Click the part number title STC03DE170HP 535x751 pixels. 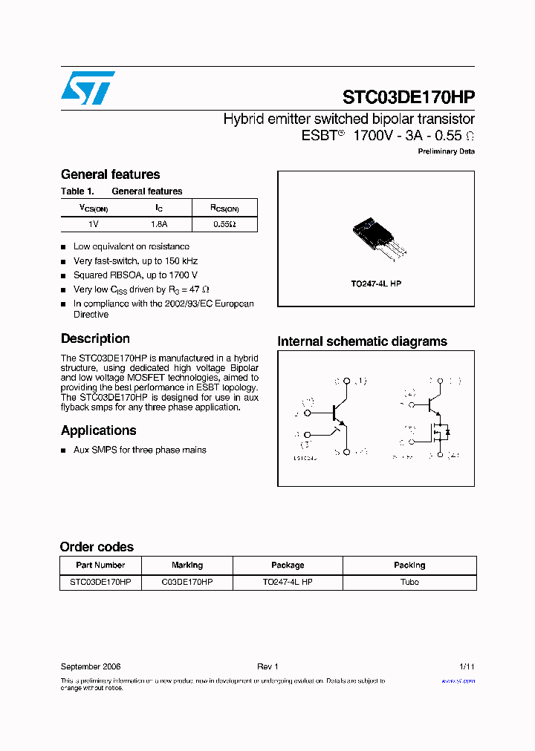click(x=408, y=97)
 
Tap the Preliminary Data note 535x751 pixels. click(x=446, y=151)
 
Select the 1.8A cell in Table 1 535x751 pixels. click(x=159, y=223)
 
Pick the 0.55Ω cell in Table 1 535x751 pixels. click(x=224, y=223)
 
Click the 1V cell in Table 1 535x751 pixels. click(x=94, y=223)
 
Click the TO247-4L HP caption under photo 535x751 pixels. click(x=376, y=284)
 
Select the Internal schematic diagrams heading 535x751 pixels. click(x=362, y=341)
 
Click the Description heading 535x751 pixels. click(x=95, y=338)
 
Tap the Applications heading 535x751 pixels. click(x=98, y=430)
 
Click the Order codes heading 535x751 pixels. click(x=97, y=547)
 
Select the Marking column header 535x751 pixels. click(x=187, y=565)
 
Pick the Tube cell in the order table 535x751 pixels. click(x=409, y=583)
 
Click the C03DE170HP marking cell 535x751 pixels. click(x=187, y=583)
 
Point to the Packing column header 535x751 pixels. click(x=409, y=565)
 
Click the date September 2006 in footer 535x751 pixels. click(x=91, y=667)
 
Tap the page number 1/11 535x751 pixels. click(x=467, y=667)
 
